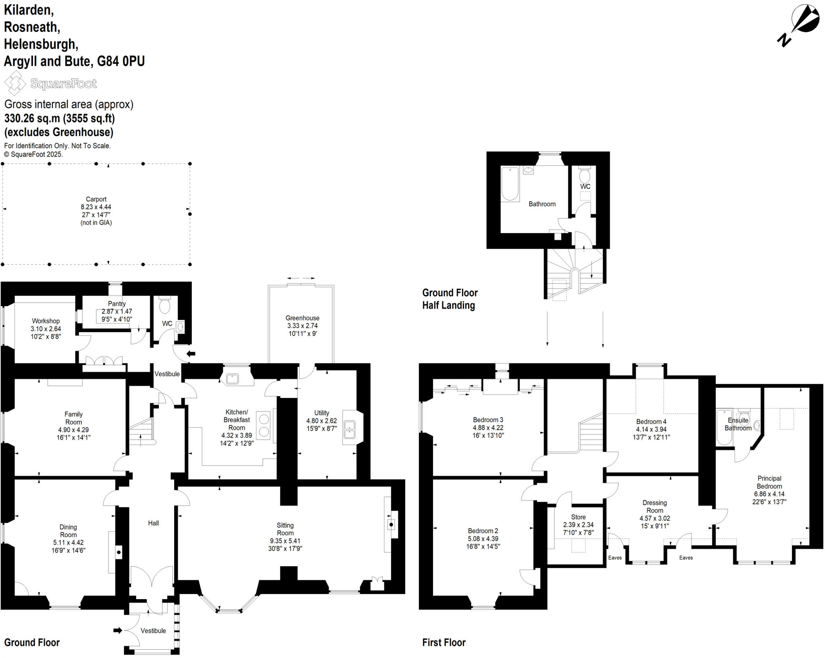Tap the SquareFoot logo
51,83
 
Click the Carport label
96,199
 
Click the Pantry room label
116,304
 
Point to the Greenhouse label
302,318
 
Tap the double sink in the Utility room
349,429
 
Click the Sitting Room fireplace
391,525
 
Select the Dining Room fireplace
118,552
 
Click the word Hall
153,523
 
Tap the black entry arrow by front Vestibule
118,630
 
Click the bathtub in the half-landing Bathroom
510,184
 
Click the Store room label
578,517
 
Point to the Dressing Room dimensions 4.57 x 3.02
655,518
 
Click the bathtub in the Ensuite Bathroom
724,427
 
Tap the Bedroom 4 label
651,422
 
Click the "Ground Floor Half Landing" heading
450,299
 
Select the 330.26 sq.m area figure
32,118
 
